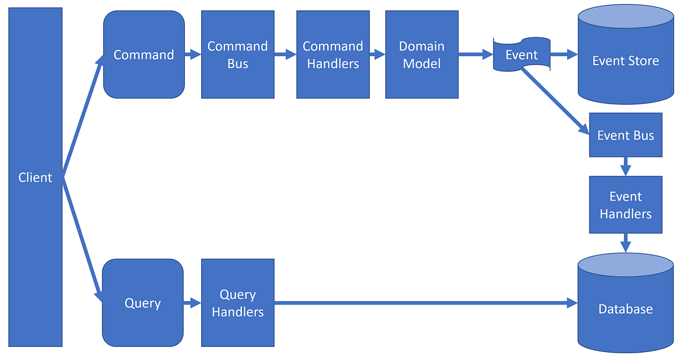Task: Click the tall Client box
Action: click(x=35, y=177)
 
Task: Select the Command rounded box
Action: click(x=144, y=55)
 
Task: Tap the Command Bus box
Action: click(x=237, y=55)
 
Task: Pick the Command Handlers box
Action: click(x=333, y=55)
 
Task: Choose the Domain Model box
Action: click(x=422, y=55)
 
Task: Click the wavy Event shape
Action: click(x=521, y=55)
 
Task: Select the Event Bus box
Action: click(x=626, y=135)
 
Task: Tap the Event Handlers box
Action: click(x=626, y=205)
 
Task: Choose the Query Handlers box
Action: click(x=237, y=303)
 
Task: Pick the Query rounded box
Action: click(x=143, y=303)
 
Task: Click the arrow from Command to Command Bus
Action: click(x=193, y=55)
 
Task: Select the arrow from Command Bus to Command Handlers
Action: click(x=285, y=55)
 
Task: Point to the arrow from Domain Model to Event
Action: click(x=475, y=55)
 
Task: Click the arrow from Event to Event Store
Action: click(x=563, y=55)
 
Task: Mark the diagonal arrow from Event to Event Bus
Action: click(x=555, y=101)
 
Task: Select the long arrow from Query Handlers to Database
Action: click(x=425, y=303)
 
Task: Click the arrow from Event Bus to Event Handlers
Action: click(x=626, y=166)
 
